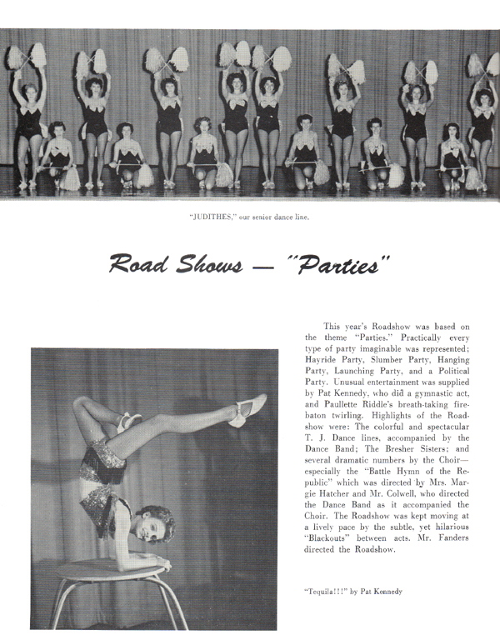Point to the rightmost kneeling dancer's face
[x=452, y=134]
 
